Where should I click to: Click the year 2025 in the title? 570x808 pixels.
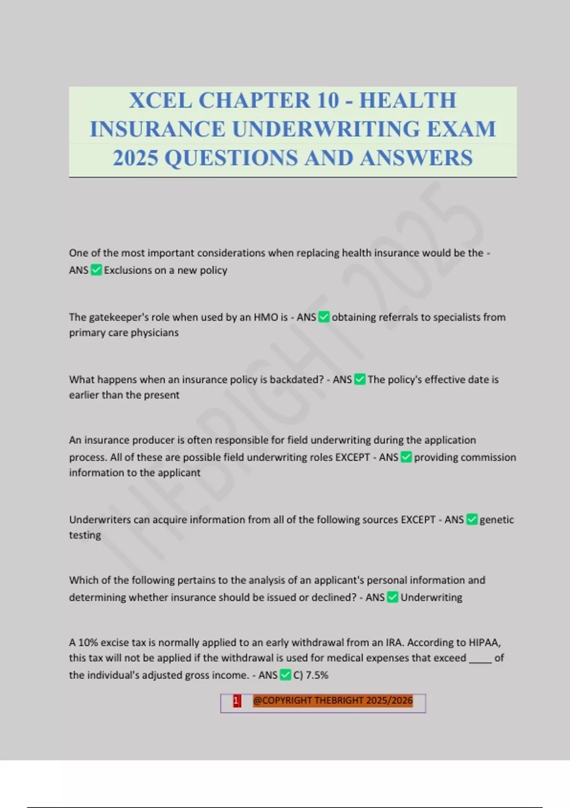(x=135, y=158)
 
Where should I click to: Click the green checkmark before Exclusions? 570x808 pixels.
(x=96, y=270)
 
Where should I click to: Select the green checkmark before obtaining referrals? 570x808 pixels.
(x=324, y=317)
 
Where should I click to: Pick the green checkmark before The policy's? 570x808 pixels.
(x=360, y=380)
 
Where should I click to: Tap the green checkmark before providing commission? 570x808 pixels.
(x=406, y=457)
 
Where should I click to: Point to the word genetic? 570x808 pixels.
(x=497, y=519)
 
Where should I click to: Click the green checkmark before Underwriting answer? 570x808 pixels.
(x=392, y=597)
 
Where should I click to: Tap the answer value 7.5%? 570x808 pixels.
(x=317, y=675)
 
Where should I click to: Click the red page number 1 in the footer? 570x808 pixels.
(x=237, y=701)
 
